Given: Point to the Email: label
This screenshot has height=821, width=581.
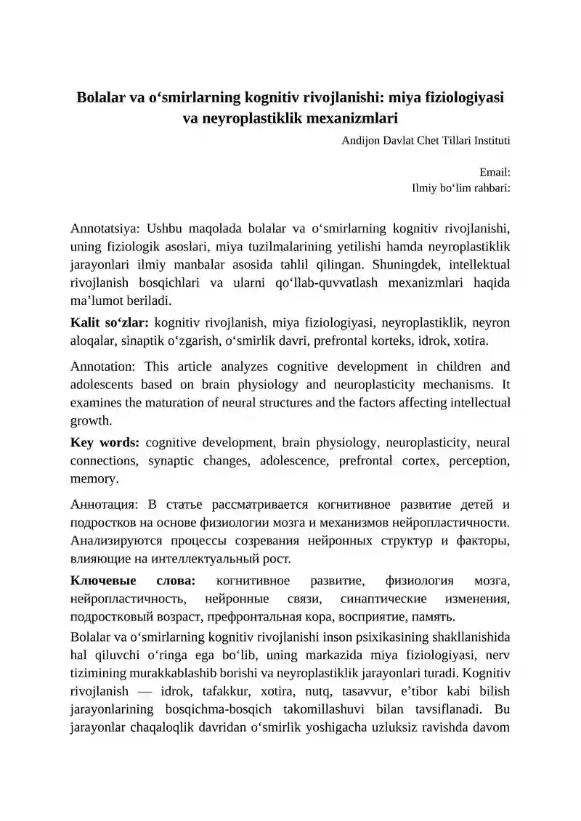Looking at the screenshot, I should tap(495, 173).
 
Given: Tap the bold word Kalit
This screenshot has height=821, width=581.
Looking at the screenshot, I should tap(85, 321).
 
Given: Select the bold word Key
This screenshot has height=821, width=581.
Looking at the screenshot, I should tap(82, 442).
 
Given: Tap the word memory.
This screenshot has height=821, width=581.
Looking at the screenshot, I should tap(94, 479).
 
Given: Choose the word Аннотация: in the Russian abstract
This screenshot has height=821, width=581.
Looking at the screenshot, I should tap(105, 503).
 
